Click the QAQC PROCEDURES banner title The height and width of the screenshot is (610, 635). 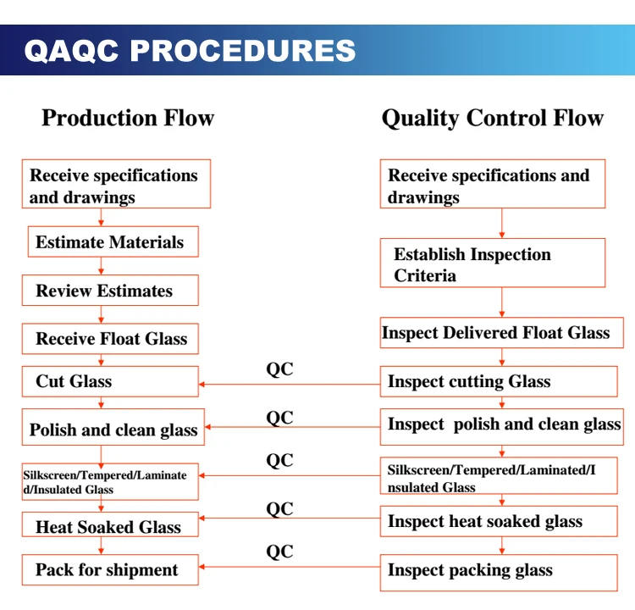tap(190, 50)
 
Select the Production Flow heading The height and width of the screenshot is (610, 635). tap(128, 118)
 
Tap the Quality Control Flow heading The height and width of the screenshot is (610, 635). tap(492, 118)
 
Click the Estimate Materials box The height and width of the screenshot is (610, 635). tap(113, 242)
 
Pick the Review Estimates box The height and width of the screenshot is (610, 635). tap(110, 291)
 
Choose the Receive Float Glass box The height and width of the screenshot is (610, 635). tap(110, 339)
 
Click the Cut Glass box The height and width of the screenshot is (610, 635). tap(110, 382)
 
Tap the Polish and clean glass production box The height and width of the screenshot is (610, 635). tap(110, 430)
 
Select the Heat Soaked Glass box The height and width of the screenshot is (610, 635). tap(110, 527)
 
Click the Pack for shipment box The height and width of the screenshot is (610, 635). tap(110, 570)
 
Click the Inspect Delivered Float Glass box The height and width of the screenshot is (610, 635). tap(501, 333)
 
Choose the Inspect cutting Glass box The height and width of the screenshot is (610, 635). tap(498, 382)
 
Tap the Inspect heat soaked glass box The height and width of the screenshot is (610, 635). tap(498, 522)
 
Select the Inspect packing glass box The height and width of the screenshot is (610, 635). tap(498, 571)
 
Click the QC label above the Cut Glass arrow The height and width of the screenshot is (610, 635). tap(279, 369)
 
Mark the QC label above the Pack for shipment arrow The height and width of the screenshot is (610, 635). tap(279, 552)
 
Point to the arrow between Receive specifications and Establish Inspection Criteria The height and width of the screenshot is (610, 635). tap(502, 223)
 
